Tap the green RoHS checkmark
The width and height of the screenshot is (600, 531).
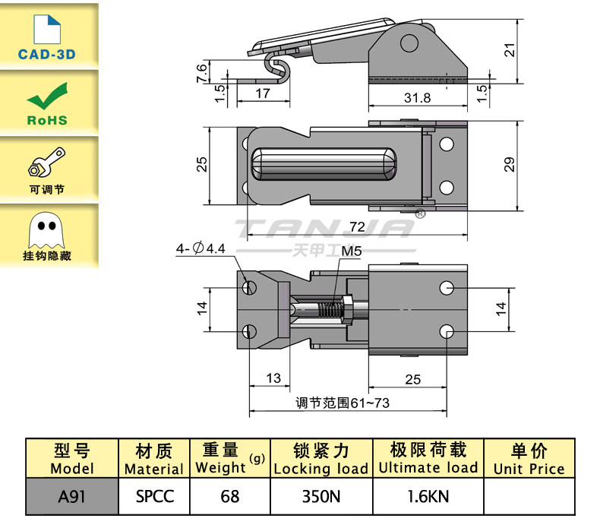pyautogui.click(x=46, y=96)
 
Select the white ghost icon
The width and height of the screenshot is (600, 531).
pyautogui.click(x=46, y=227)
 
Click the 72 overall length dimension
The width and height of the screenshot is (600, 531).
pyautogui.click(x=358, y=226)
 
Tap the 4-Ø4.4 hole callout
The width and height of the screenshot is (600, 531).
pyautogui.click(x=201, y=248)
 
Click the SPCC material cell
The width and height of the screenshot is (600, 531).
pyautogui.click(x=155, y=497)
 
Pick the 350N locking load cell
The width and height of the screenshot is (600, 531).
pyautogui.click(x=321, y=497)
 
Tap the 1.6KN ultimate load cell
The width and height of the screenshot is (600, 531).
pyautogui.click(x=428, y=497)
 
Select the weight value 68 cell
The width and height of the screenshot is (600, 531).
pyautogui.click(x=229, y=497)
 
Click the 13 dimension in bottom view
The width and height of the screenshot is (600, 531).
pyautogui.click(x=273, y=378)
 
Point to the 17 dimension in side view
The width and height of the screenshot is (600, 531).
pyautogui.click(x=261, y=94)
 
